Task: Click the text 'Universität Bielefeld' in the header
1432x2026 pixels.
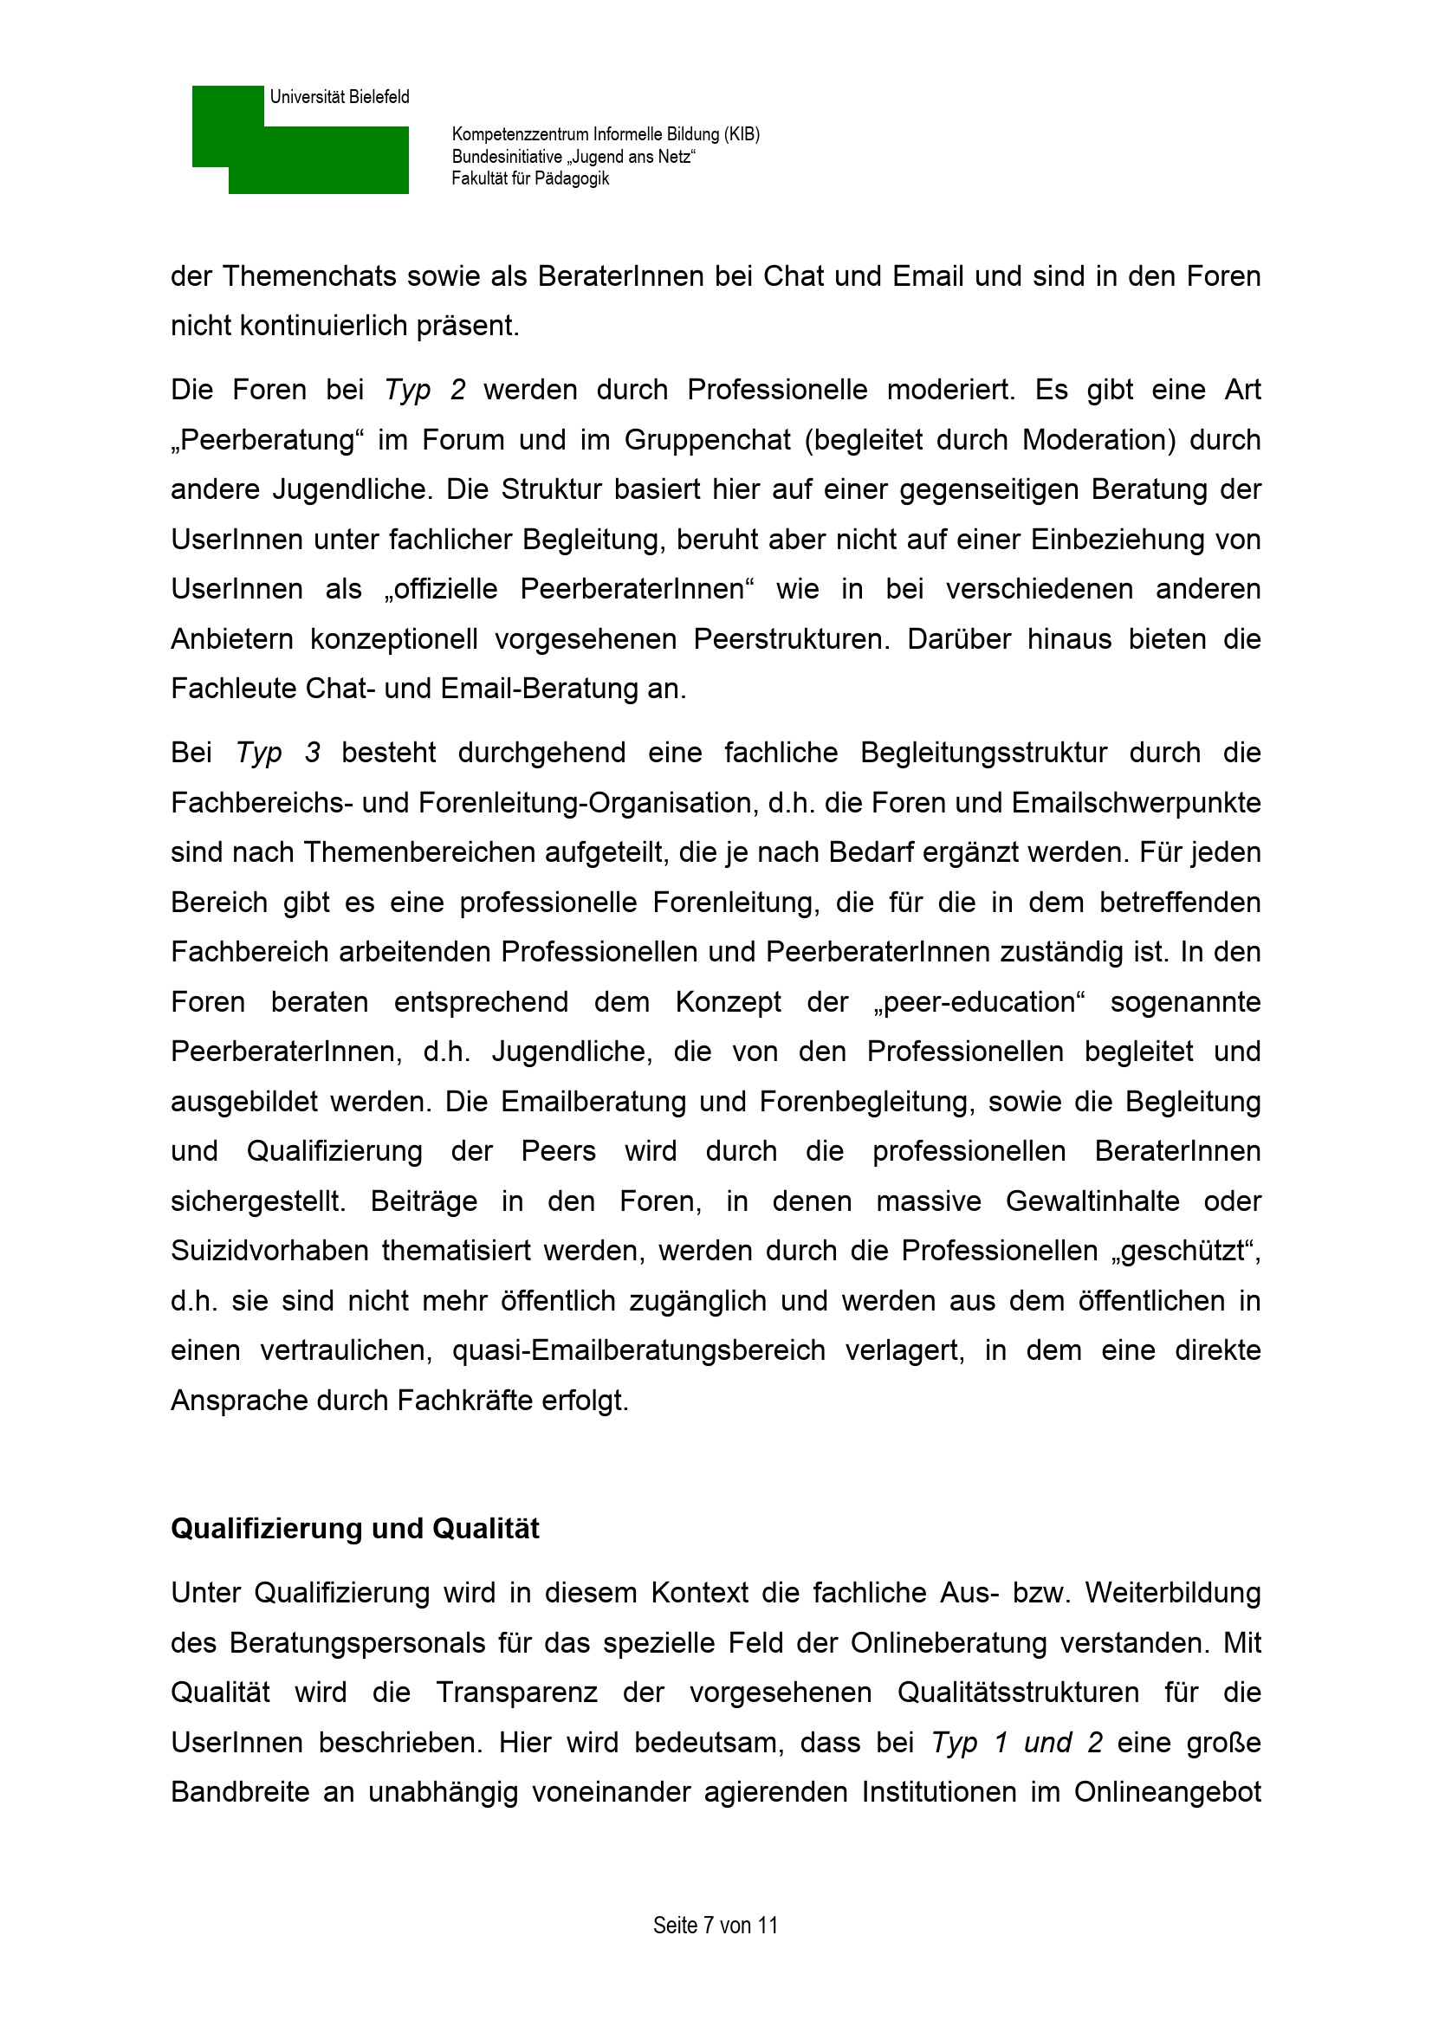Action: tap(340, 97)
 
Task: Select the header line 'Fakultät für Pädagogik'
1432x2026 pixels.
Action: tap(530, 179)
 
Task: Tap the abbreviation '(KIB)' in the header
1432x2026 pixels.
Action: tap(742, 134)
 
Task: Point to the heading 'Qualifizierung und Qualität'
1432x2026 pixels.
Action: tap(354, 1529)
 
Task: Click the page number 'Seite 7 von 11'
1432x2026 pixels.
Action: tap(716, 1925)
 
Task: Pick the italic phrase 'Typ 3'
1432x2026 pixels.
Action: tap(278, 753)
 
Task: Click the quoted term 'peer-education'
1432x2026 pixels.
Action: tap(980, 1002)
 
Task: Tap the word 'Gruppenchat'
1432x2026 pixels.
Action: tap(708, 440)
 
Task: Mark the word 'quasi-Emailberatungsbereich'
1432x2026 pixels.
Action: tap(638, 1351)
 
